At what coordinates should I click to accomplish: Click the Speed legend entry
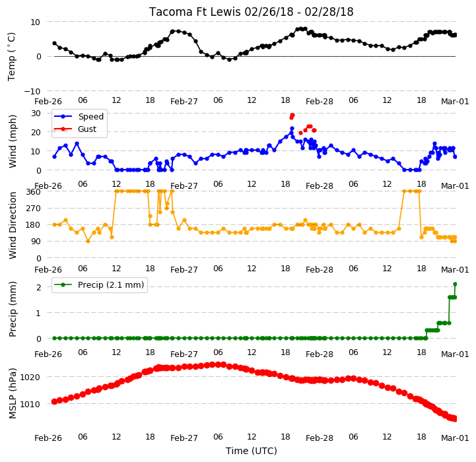(x=79, y=117)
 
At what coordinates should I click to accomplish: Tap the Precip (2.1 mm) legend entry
(x=98, y=284)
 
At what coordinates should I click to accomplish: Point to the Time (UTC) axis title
(x=252, y=451)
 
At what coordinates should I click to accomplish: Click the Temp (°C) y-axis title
(x=11, y=57)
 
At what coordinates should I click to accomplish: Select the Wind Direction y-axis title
(x=13, y=225)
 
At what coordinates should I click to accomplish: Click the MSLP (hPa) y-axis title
(x=13, y=393)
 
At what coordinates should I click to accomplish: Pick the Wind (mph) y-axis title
(x=13, y=141)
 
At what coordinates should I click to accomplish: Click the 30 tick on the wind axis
(x=36, y=114)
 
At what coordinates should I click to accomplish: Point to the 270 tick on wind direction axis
(x=34, y=209)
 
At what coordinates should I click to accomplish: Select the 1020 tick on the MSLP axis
(x=30, y=378)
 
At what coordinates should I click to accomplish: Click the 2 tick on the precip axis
(x=38, y=287)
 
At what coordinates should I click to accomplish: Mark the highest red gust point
(x=292, y=115)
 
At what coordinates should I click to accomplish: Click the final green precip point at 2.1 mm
(x=455, y=284)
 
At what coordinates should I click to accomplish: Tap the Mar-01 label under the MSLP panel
(x=455, y=438)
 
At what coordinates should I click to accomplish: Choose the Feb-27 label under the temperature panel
(x=184, y=102)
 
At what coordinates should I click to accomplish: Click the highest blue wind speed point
(x=292, y=129)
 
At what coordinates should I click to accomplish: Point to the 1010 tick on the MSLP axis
(x=30, y=405)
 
